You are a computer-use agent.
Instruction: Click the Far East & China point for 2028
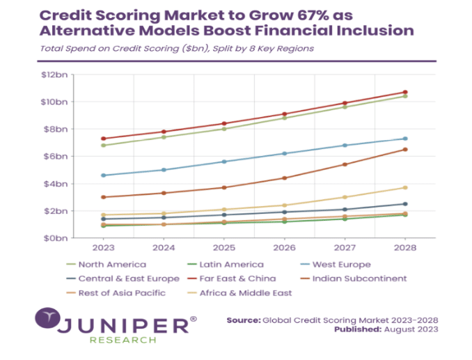[x=405, y=92]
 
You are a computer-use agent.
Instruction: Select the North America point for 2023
[x=104, y=146]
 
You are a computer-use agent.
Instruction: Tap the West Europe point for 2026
[x=285, y=153]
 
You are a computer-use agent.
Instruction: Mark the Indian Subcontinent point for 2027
[x=345, y=164]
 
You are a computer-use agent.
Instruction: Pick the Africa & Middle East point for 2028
[x=405, y=187]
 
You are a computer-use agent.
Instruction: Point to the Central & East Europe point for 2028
[x=405, y=204]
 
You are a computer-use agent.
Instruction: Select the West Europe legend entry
[x=340, y=265]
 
